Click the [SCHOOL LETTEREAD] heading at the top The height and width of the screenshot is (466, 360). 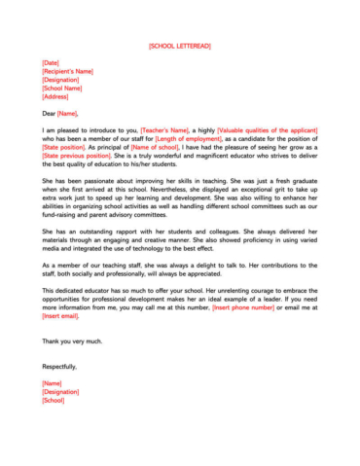pyautogui.click(x=180, y=46)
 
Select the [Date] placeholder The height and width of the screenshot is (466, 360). pyautogui.click(x=51, y=63)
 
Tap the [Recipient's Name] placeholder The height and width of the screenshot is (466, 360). pyautogui.click(x=67, y=72)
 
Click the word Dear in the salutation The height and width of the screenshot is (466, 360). pyautogui.click(x=50, y=113)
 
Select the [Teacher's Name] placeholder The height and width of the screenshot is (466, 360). pyautogui.click(x=166, y=129)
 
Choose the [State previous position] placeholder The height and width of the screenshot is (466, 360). pyautogui.click(x=77, y=156)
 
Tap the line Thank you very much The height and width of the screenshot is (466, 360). pyautogui.click(x=71, y=341)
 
